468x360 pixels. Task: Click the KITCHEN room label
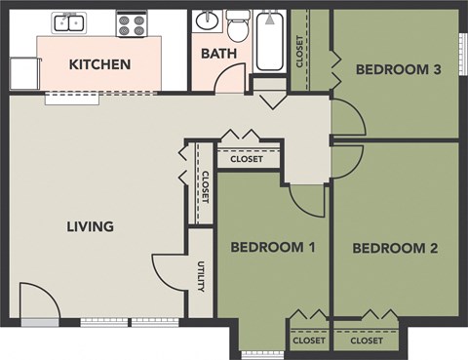point(99,65)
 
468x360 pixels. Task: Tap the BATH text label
point(218,53)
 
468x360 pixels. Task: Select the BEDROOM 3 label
point(391,69)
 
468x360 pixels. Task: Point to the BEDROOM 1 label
point(272,248)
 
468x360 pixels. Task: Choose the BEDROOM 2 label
point(394,248)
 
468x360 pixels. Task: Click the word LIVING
point(90,226)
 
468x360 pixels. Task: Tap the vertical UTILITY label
point(201,276)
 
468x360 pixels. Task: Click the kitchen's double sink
point(69,21)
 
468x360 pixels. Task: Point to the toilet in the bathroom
point(237,23)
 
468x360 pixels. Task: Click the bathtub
point(271,41)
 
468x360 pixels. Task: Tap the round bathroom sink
point(207,20)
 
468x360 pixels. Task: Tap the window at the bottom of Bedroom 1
point(260,352)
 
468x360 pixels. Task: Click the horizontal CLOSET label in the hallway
point(247,159)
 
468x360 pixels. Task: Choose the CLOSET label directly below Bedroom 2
point(367,341)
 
